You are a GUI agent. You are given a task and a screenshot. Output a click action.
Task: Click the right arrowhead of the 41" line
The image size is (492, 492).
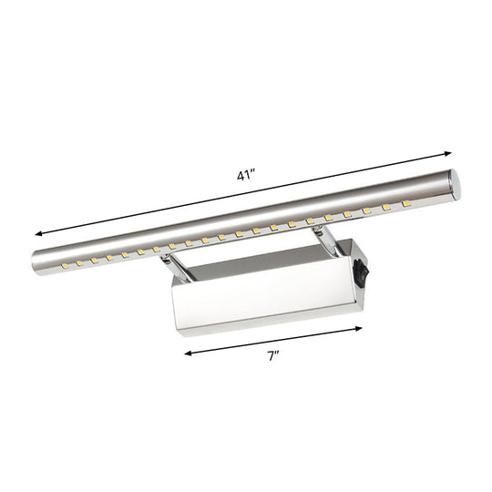[450, 152]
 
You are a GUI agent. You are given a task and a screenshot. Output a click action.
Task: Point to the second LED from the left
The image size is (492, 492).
[80, 263]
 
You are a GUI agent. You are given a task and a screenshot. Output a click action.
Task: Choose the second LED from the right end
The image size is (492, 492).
[388, 210]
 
